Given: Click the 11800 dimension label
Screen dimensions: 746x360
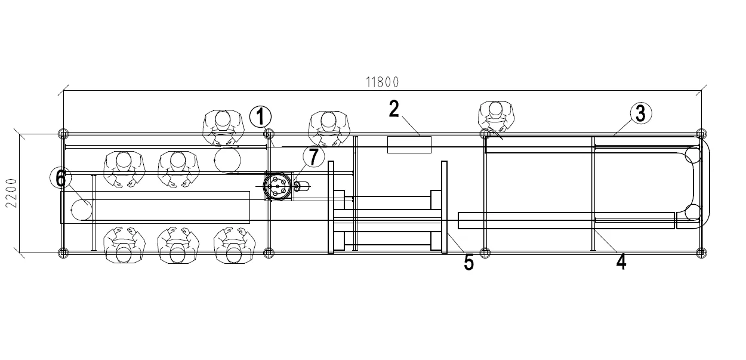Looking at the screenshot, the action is click(x=383, y=82).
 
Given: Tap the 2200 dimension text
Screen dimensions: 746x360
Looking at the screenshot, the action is click(x=12, y=193).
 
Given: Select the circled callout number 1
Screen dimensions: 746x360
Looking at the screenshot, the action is click(x=260, y=117).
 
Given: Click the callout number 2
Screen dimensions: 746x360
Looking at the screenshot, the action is click(x=394, y=109).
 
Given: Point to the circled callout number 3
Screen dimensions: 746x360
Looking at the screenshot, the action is click(x=641, y=113).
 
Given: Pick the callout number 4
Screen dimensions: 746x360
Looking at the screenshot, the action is click(x=621, y=261).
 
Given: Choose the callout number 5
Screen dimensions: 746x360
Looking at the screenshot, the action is click(x=469, y=263).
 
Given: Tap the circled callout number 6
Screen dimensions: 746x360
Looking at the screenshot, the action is click(x=61, y=179).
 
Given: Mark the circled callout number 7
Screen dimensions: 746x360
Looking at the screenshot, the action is click(x=314, y=156).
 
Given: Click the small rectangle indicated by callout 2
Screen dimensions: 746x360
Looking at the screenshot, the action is click(x=409, y=144).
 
